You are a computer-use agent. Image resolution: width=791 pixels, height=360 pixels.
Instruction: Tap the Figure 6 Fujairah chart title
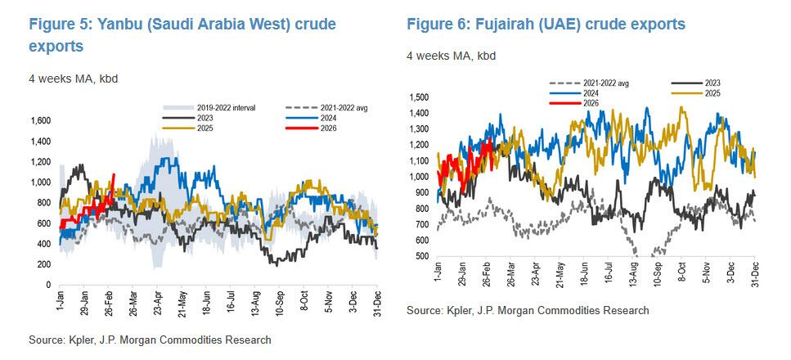pyautogui.click(x=546, y=25)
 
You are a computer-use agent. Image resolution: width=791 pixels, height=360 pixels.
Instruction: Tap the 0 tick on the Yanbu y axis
pyautogui.click(x=47, y=285)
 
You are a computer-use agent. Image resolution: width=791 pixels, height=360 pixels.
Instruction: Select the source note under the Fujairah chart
pyautogui.click(x=528, y=310)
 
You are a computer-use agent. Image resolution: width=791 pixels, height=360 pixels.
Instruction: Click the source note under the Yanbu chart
pyautogui.click(x=149, y=340)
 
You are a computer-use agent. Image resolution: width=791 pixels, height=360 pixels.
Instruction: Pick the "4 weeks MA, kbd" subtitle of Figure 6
pyautogui.click(x=451, y=56)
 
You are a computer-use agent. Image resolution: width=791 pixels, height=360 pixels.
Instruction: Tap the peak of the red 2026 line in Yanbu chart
pyautogui.click(x=114, y=174)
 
